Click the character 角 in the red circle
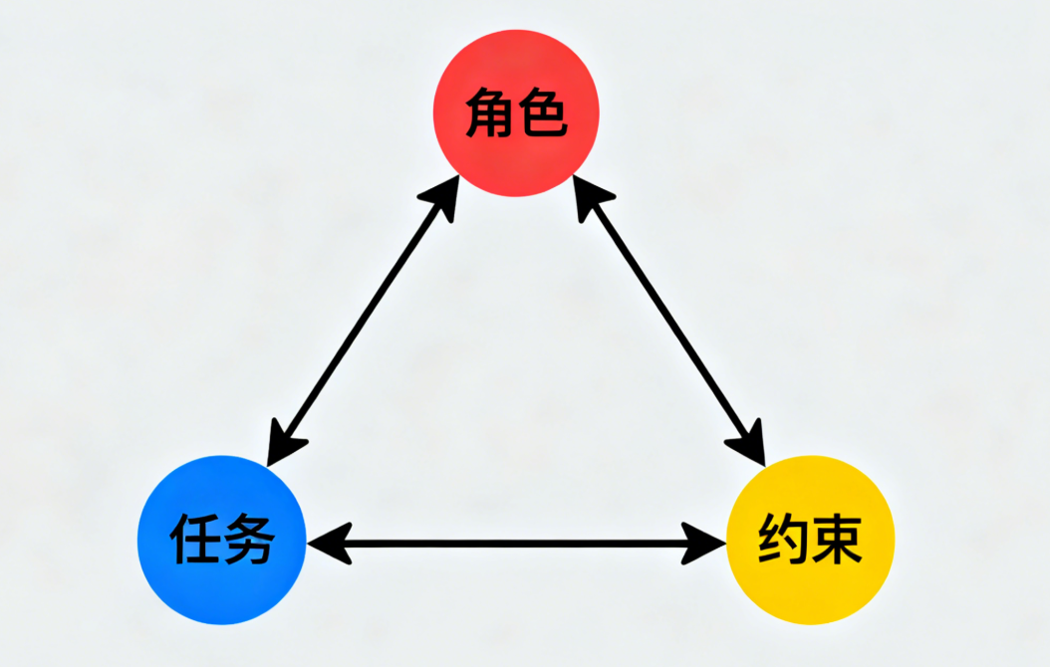490,113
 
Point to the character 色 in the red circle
543,113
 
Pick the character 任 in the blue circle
196,541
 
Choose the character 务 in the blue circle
249,541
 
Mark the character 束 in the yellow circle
837,541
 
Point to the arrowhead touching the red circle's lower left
444,197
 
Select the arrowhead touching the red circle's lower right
588,197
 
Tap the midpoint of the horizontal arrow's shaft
516,544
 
